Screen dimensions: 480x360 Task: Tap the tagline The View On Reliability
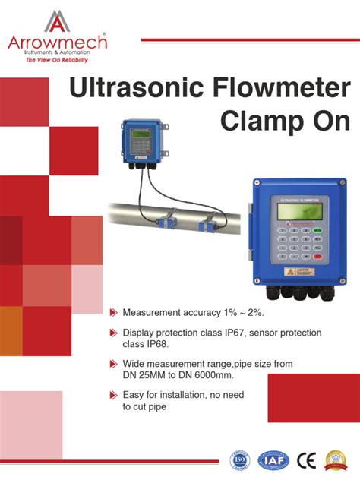coord(57,59)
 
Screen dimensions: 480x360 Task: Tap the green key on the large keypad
coord(318,230)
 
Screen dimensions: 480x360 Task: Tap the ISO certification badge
coord(241,459)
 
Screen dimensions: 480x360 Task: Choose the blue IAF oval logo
coord(273,459)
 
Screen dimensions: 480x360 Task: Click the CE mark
coord(306,459)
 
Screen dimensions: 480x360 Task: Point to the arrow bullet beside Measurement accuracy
coord(114,312)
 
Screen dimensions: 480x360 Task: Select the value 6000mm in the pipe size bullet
coord(212,375)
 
